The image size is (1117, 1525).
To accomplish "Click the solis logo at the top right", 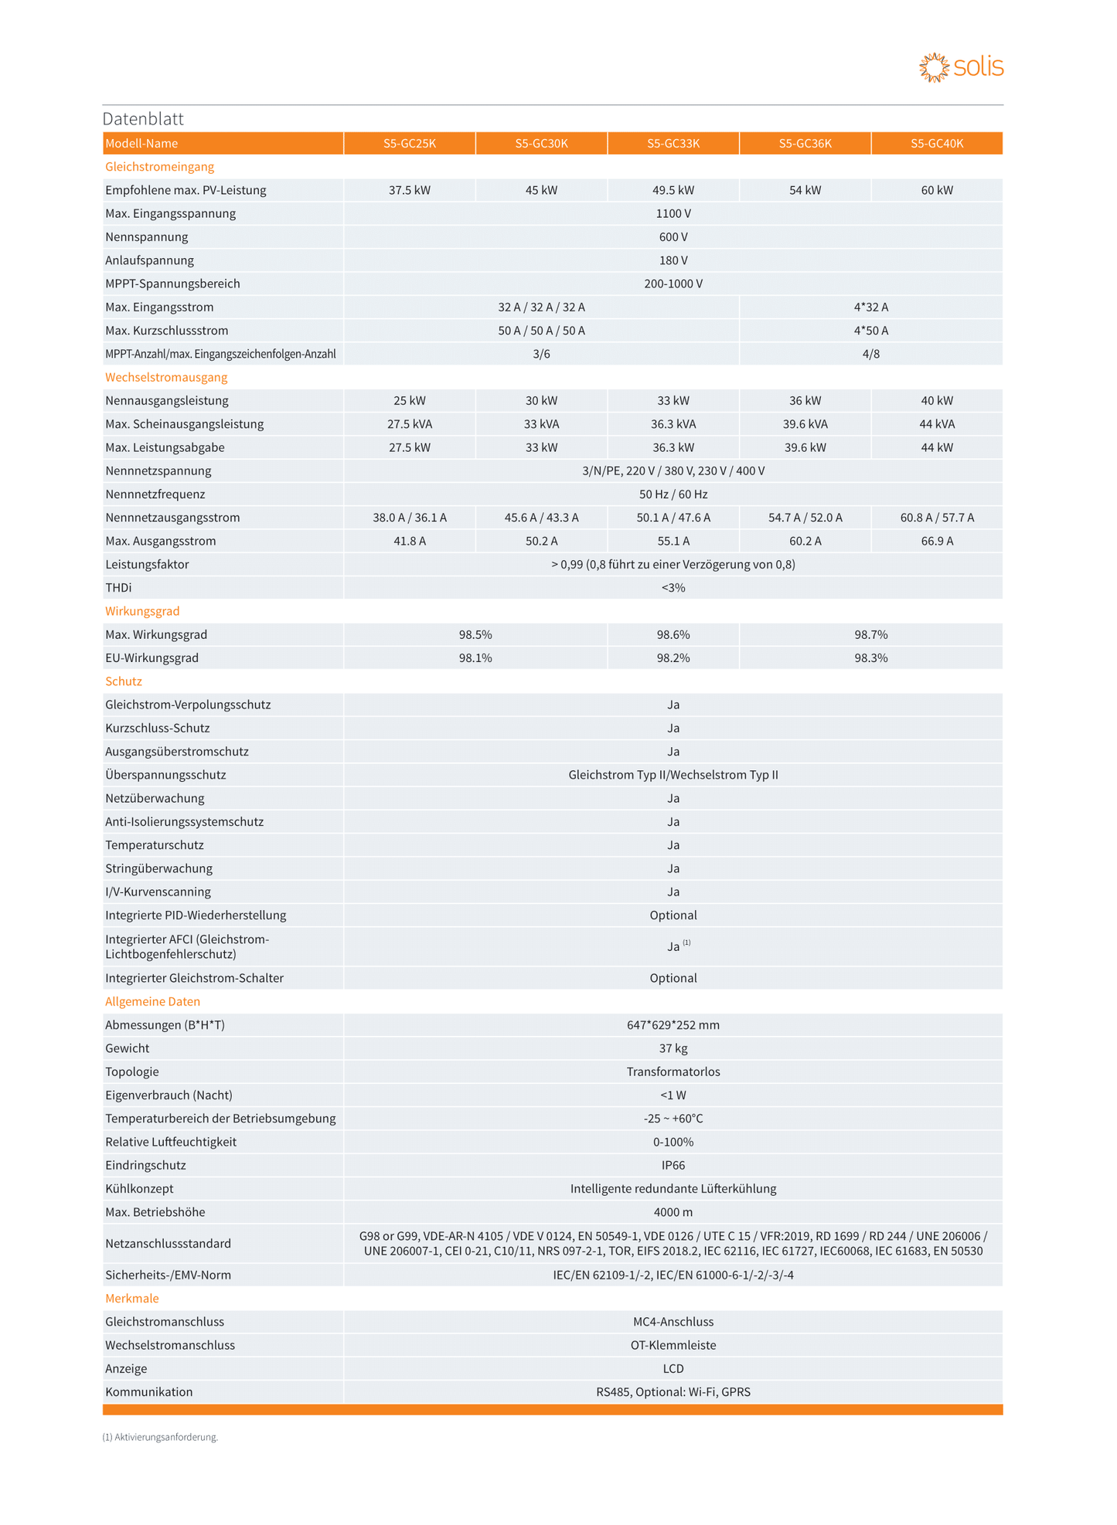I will point(961,68).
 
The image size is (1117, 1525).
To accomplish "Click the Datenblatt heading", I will point(143,119).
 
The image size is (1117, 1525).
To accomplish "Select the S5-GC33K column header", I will point(673,144).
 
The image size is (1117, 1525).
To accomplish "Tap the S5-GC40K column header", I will point(937,144).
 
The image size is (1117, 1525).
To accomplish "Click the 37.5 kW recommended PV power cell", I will point(410,190).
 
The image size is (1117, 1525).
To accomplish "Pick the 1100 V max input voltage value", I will point(673,213).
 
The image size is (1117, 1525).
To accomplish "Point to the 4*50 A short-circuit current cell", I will point(871,331).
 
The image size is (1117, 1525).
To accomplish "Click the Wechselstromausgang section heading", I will point(166,377).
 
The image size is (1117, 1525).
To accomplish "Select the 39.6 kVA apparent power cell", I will point(805,424).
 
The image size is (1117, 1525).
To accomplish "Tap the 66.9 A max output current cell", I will point(937,541).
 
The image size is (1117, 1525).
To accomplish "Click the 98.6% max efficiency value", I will point(673,634).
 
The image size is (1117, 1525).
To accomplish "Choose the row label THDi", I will point(118,588).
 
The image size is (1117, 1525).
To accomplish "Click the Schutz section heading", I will point(124,681).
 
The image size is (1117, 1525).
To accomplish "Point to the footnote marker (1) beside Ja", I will point(686,943).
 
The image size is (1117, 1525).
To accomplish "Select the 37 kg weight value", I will point(673,1048).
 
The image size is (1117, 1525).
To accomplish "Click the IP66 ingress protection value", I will point(673,1165).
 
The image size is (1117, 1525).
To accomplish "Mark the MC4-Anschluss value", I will point(673,1322).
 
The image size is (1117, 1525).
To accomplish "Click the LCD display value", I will point(673,1368).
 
